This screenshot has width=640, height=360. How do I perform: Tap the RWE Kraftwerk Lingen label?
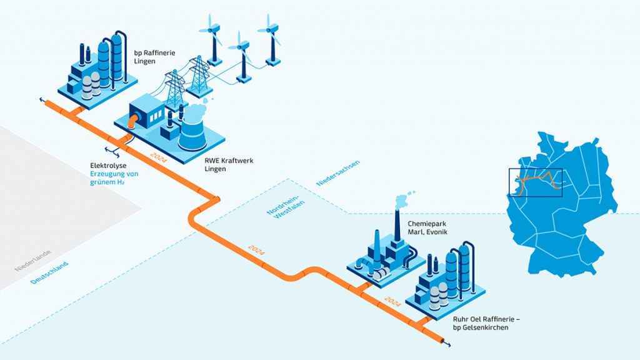pos(229,164)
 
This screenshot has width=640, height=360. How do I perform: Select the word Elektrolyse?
pos(108,166)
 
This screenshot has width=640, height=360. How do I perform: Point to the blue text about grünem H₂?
pos(114,178)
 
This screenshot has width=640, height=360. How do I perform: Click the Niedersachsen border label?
pos(338,173)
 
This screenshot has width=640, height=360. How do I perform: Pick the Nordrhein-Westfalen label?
pos(286,204)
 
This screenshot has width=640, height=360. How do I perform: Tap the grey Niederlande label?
pos(33,261)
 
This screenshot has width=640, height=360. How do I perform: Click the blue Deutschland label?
pos(49,272)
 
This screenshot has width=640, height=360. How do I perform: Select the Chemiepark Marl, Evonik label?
pos(427,227)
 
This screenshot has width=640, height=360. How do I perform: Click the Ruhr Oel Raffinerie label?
pos(484,323)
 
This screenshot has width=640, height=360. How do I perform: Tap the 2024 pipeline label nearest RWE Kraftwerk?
pos(158,157)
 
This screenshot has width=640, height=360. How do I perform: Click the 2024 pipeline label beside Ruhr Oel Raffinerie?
pos(392,301)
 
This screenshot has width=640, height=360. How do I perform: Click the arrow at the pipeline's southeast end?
pos(447,344)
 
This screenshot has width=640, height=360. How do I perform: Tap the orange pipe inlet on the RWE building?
pos(133,121)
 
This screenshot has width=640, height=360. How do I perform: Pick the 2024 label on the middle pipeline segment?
pos(256,250)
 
